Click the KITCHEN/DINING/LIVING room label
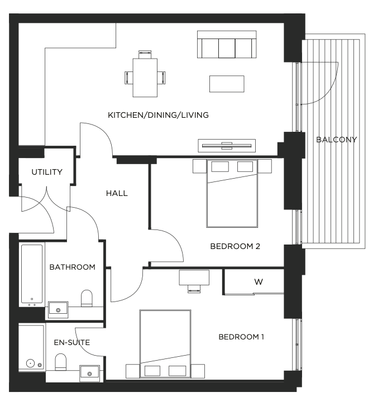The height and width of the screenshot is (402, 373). pos(158,115)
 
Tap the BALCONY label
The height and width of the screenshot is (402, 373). pos(336,140)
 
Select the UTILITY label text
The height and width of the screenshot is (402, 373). pos(47,172)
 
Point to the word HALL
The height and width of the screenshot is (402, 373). pos(117,193)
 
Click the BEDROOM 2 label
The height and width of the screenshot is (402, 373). pos(235,246)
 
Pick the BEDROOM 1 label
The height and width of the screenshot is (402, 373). pos(241,337)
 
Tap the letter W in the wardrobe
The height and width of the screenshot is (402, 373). pos(259,282)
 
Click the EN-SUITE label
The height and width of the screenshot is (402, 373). pos(72,342)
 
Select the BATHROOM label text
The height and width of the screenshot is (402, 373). pos(72,267)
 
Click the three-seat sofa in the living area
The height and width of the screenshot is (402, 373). pos(227,44)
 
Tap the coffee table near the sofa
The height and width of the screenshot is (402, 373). pos(227,84)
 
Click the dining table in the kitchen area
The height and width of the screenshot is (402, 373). pos(145,78)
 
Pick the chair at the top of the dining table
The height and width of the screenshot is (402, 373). pos(145,54)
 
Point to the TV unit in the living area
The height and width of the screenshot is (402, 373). pos(227,146)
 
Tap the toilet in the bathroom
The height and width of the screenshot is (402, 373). pos(87,298)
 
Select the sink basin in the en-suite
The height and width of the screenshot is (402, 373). pos(89,374)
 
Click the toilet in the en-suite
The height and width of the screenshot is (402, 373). pos(61,362)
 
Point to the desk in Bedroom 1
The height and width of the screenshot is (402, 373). pos(194,277)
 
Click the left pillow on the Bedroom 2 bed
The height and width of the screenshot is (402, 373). pos(220,166)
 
